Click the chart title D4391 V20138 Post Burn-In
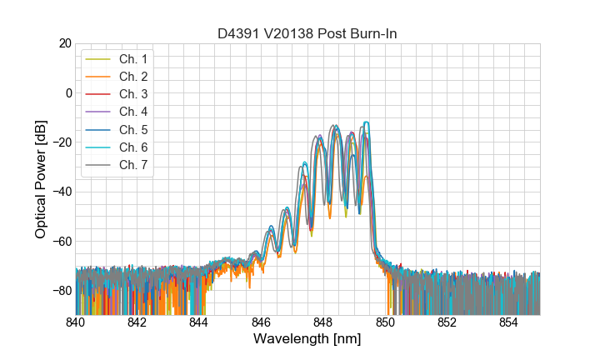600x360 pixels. [x=307, y=33]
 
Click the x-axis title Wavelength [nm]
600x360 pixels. [x=307, y=339]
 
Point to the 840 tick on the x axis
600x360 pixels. [x=76, y=322]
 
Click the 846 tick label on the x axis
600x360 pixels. [x=262, y=322]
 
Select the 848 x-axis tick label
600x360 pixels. [x=323, y=322]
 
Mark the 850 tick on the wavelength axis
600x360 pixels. [x=385, y=322]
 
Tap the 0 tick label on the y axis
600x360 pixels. [x=68, y=92]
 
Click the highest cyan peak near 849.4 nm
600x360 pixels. [x=365, y=122]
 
